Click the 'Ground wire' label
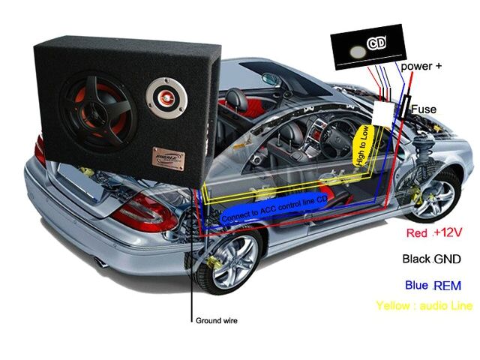click(x=217, y=321)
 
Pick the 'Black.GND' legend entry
click(x=430, y=259)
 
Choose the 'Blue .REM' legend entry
click(x=432, y=286)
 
